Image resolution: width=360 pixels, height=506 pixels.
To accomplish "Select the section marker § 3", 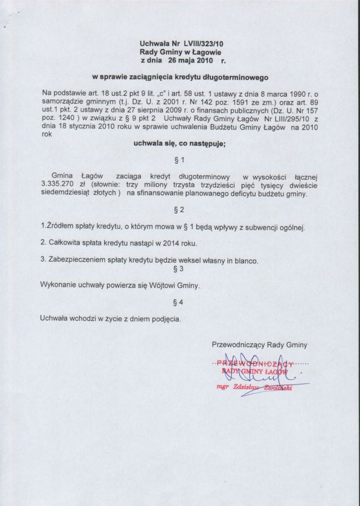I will (x=179, y=270).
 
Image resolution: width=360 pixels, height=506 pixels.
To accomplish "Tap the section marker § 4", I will (x=179, y=303).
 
